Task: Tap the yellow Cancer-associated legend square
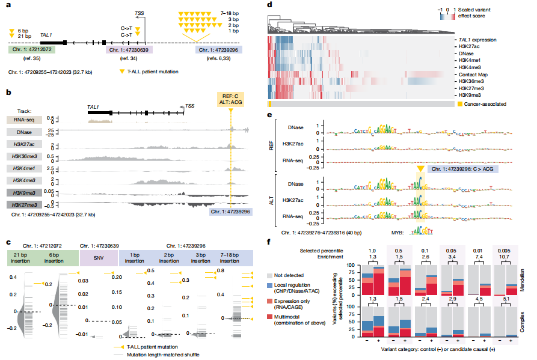(459, 104)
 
